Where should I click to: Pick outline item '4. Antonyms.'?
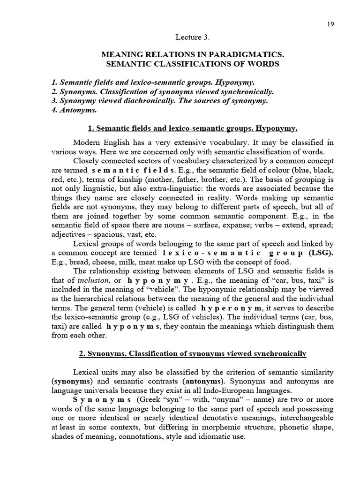point(75,110)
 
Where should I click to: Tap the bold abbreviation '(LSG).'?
point(321,253)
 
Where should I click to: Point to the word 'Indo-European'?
point(232,390)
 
